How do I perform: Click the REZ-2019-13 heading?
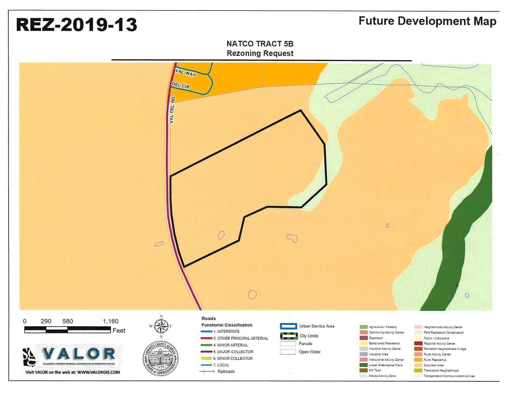76,25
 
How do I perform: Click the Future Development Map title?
427,21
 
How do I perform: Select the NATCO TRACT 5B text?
260,44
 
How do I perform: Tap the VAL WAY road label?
186,73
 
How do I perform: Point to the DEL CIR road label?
181,85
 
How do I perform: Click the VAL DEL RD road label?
172,110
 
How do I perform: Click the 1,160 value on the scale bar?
110,321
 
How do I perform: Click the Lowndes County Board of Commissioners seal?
160,358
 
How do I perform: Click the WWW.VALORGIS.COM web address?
98,372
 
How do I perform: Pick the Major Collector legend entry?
233,352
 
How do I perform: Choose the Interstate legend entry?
226,332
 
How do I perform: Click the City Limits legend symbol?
289,336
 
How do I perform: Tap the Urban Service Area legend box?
288,326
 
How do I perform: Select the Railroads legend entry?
226,371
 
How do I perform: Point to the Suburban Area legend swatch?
418,365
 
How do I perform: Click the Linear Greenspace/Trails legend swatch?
363,365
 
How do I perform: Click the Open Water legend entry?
309,352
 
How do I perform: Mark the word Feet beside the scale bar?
119,331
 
